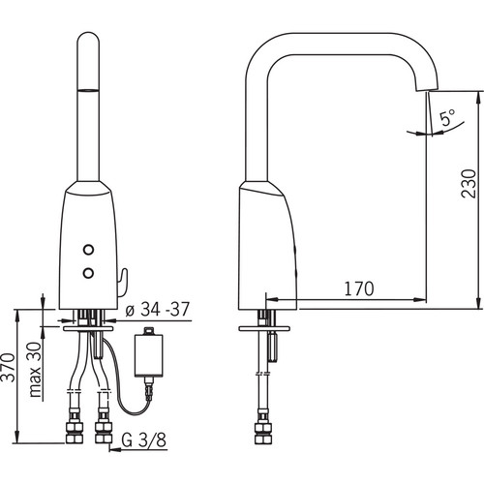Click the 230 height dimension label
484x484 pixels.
[469, 183]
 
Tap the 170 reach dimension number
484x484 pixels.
[359, 288]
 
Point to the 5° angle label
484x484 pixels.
[448, 117]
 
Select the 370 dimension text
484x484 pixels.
[9, 368]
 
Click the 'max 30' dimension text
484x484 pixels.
[35, 370]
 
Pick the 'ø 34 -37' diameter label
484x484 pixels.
[157, 310]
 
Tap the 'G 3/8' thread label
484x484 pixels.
[144, 439]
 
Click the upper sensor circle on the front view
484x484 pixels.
[88, 250]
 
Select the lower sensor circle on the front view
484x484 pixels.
[88, 273]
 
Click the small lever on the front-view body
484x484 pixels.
[123, 283]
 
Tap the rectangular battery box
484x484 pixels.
[148, 355]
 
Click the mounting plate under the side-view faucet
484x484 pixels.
[263, 329]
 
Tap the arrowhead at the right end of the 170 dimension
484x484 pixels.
[420, 300]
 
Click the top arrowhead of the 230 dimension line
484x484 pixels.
[477, 98]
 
